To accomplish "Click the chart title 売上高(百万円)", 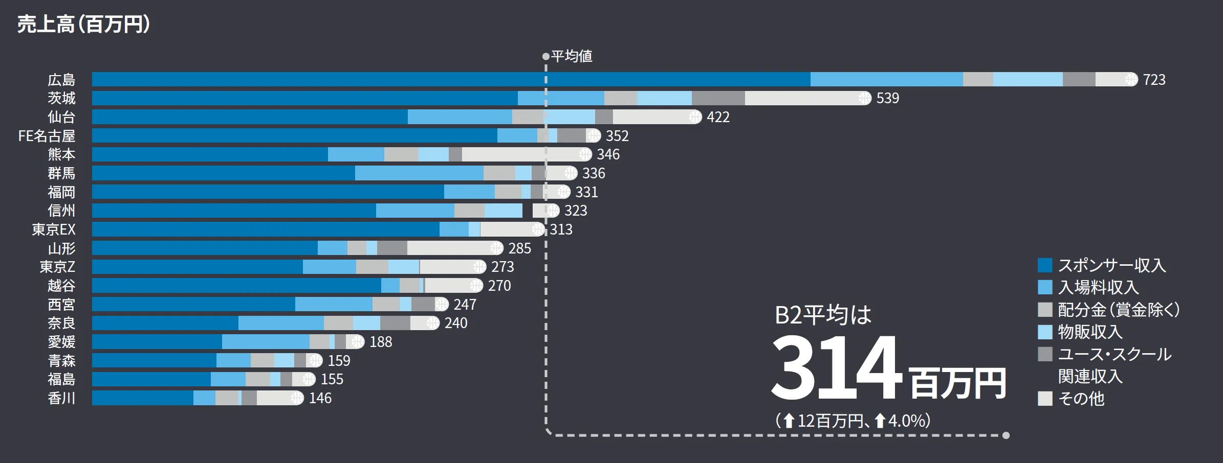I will pyautogui.click(x=83, y=24).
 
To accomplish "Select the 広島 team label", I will pyautogui.click(x=61, y=80).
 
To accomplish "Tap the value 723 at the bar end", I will pyautogui.click(x=1154, y=80).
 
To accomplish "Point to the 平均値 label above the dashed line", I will pyautogui.click(x=572, y=56).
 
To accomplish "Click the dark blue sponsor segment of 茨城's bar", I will pyautogui.click(x=304, y=98).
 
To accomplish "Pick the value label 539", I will pyautogui.click(x=887, y=98).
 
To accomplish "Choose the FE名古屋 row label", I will pyautogui.click(x=47, y=136).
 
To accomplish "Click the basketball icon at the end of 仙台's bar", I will pyautogui.click(x=695, y=117).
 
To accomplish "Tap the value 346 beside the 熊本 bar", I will pyautogui.click(x=608, y=154).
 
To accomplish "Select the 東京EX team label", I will pyautogui.click(x=54, y=229).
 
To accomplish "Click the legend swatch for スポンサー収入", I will pyautogui.click(x=1045, y=265).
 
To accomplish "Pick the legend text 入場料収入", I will pyautogui.click(x=1098, y=287).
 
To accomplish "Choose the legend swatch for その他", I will pyautogui.click(x=1045, y=399).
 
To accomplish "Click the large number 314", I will pyautogui.click(x=836, y=368).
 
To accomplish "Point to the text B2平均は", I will pyautogui.click(x=823, y=315).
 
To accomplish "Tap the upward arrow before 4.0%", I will pyautogui.click(x=880, y=421).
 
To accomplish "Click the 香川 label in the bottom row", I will pyautogui.click(x=61, y=398).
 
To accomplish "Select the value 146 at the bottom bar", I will pyautogui.click(x=320, y=398).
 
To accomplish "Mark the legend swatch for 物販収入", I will pyautogui.click(x=1045, y=332).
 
